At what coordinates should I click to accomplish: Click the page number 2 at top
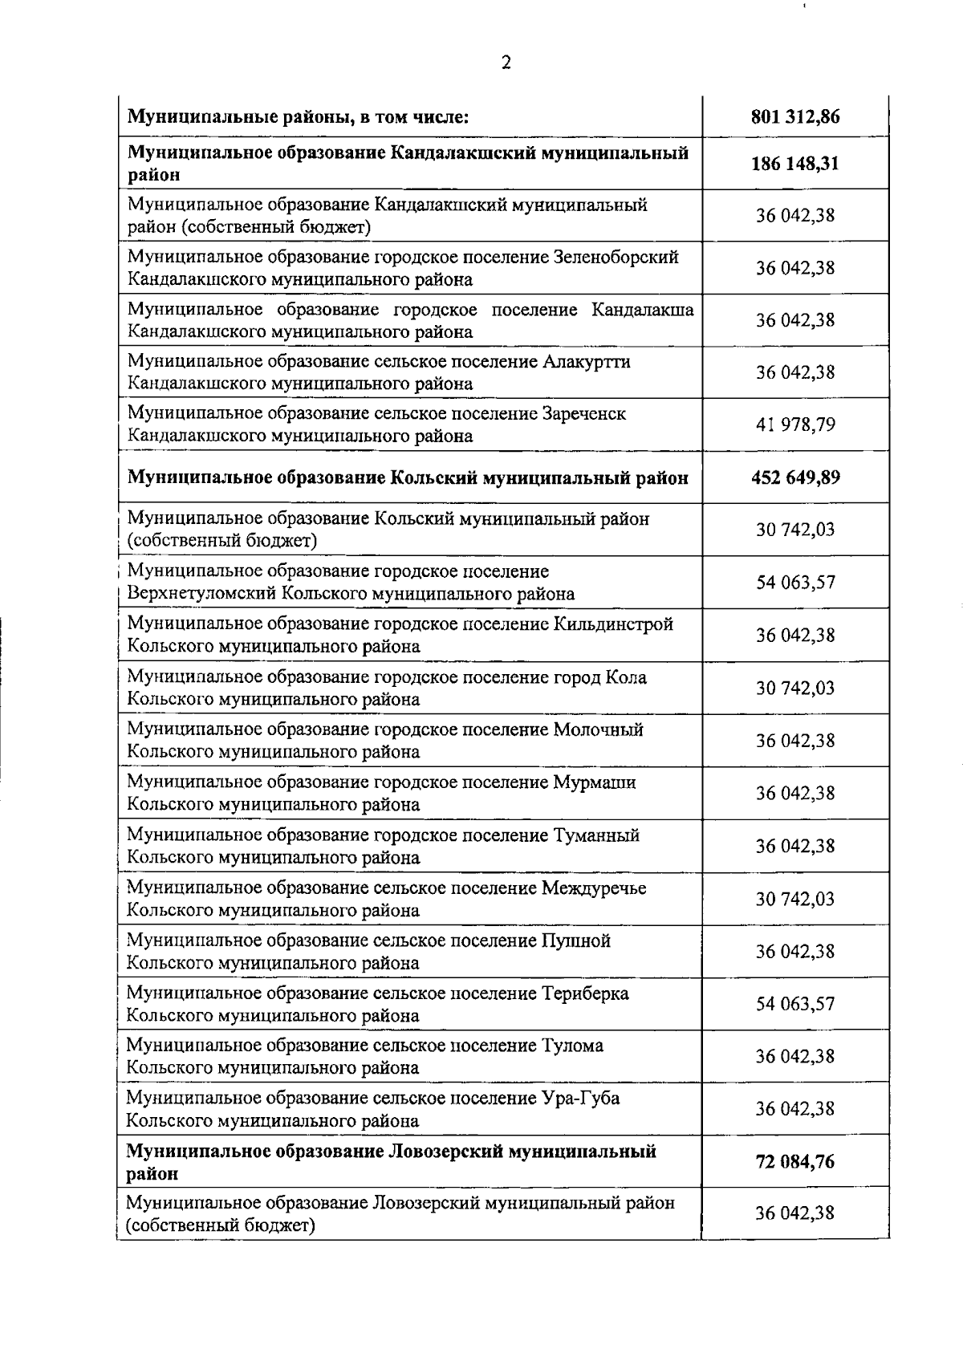point(506,63)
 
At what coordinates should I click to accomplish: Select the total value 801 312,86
point(794,117)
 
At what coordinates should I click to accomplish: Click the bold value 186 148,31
point(794,164)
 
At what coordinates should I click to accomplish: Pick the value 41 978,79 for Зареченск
point(794,425)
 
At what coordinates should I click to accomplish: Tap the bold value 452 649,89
point(794,478)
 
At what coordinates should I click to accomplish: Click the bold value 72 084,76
point(794,1161)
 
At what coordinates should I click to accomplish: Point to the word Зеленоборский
point(616,257)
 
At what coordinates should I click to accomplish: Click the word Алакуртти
point(586,362)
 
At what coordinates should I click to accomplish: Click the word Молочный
point(598,729)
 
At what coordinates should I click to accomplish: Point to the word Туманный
point(596,835)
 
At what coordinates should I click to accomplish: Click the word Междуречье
point(594,888)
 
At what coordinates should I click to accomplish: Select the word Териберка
point(585,993)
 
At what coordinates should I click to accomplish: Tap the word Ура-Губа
point(580,1099)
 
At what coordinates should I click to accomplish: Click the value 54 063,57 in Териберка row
point(794,1004)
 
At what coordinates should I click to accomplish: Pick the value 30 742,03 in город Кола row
point(794,688)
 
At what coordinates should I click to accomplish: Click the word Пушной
point(576,941)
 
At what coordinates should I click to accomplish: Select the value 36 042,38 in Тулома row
point(794,1056)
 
